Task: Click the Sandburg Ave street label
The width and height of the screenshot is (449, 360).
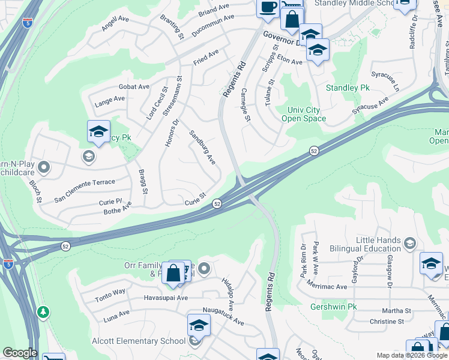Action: click(202, 148)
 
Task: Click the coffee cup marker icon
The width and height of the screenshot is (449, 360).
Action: click(267, 7)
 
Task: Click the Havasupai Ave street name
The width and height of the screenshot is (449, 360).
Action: click(166, 298)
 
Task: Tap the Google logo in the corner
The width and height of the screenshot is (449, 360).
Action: click(19, 353)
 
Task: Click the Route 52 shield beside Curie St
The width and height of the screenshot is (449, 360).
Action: click(217, 205)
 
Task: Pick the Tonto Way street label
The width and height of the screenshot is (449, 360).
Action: click(110, 292)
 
